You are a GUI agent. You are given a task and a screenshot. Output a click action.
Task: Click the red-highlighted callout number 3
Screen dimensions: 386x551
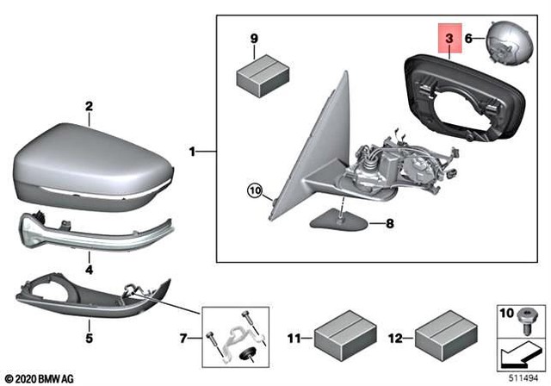pos(449,39)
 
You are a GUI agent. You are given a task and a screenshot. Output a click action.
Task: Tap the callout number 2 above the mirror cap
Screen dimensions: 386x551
pos(88,107)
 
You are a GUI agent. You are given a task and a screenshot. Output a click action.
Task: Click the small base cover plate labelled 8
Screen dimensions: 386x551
pos(341,220)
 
